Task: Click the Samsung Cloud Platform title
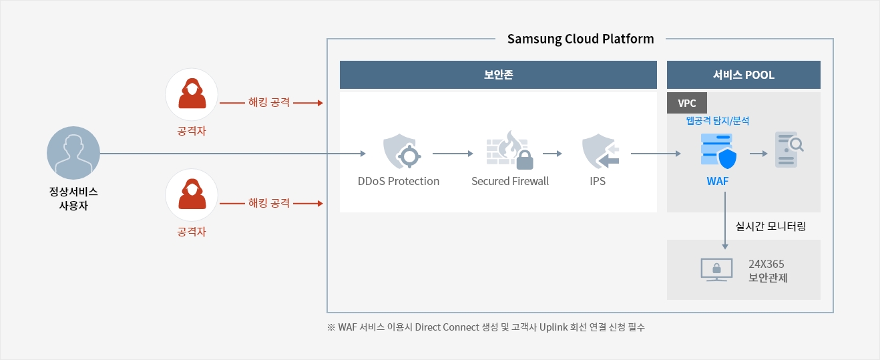coord(580,39)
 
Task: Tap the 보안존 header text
coord(498,75)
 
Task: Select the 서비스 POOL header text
coord(743,75)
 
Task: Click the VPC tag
coord(687,103)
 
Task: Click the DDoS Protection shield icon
coord(401,152)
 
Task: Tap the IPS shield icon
coord(600,152)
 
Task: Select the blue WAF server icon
coord(718,152)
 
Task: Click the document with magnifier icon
coord(789,150)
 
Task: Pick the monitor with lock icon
coord(716,270)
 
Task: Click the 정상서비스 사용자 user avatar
coord(73,153)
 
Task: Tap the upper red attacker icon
coord(192,94)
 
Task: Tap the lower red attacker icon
coord(192,195)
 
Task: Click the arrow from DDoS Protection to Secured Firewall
coord(453,154)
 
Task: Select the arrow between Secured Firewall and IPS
coord(552,154)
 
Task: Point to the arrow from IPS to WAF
coord(656,154)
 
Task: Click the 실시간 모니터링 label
coord(771,226)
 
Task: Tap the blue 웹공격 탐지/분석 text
coord(717,121)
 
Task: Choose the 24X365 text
coord(766,264)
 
